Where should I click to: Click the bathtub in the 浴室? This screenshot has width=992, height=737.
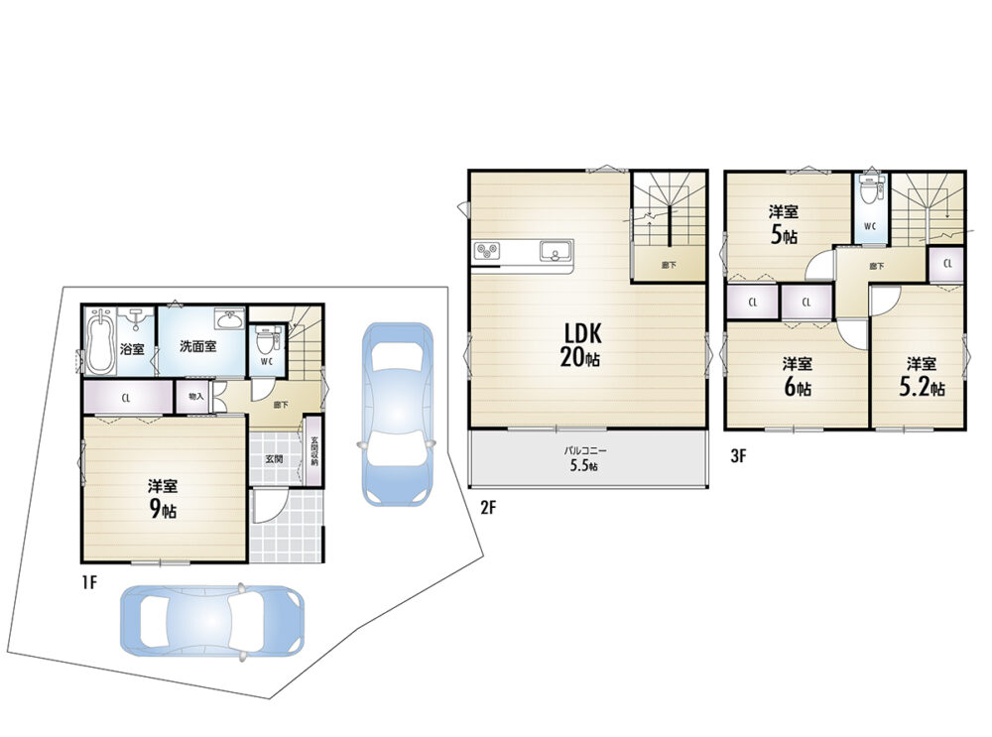coord(100,341)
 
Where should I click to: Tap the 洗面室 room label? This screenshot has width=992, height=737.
coord(198,346)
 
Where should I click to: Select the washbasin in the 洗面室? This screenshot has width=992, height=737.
coord(229,319)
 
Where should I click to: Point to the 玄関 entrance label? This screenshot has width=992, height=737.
coord(274,458)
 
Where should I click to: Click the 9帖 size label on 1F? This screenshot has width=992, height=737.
coord(163,510)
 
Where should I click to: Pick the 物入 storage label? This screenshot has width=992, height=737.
coord(196,397)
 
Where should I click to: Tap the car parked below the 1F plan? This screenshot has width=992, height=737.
coord(212,621)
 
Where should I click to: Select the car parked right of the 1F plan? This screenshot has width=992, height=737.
coord(398,415)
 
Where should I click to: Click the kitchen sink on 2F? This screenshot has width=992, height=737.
coord(556,251)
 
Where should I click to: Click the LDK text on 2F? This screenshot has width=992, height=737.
coord(579,333)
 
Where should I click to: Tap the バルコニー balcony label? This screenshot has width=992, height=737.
coord(586,451)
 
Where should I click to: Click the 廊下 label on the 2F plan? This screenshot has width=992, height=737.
coord(669,265)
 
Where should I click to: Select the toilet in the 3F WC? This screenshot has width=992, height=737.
coord(871,189)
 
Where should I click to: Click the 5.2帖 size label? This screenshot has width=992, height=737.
coord(922,387)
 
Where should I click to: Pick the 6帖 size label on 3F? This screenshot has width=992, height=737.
coord(798,387)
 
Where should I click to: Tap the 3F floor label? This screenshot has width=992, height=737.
coord(738,456)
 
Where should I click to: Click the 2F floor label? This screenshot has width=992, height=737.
coord(487,507)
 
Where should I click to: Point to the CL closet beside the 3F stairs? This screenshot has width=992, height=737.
coord(947,264)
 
